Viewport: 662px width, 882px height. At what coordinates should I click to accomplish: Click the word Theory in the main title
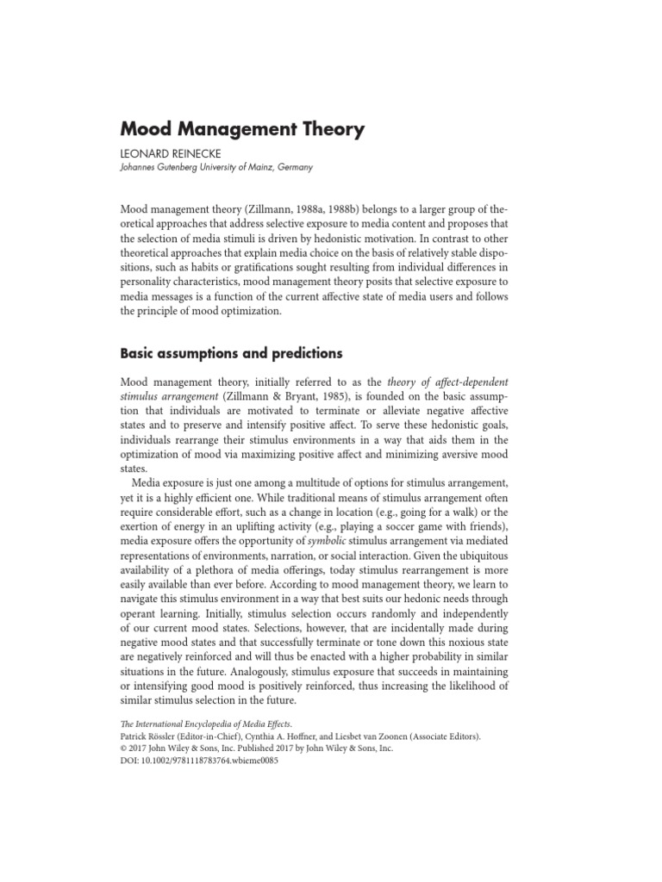[x=325, y=130]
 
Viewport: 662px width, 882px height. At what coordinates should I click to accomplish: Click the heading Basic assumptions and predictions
[x=232, y=353]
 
